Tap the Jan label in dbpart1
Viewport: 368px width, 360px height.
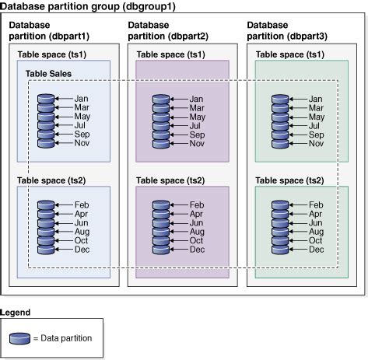coord(83,99)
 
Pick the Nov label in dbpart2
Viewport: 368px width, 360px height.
coord(198,143)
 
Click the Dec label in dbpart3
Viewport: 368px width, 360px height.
coord(317,249)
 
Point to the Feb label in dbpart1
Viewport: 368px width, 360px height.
coord(83,204)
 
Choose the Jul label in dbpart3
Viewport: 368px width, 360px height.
coord(314,125)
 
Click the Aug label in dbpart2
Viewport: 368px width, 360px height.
coord(198,231)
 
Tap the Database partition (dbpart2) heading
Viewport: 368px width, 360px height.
coord(167,31)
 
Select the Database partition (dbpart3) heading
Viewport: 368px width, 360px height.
coord(287,31)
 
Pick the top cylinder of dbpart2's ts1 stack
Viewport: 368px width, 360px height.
coord(160,100)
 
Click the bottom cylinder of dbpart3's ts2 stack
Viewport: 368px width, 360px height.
coord(279,249)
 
